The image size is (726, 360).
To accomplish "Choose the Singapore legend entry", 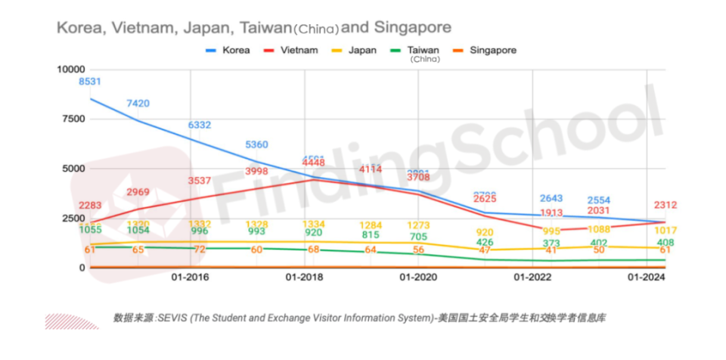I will [492, 51].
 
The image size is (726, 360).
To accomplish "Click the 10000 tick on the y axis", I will [68, 69].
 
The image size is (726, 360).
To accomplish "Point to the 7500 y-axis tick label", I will [70, 119].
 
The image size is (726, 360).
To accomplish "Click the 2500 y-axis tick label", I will [70, 218].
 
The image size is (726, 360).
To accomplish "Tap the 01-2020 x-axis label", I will [418, 278].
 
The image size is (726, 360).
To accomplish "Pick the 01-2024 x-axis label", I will [647, 278].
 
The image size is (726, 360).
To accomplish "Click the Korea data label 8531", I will [90, 82].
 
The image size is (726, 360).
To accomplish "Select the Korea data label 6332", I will [200, 125].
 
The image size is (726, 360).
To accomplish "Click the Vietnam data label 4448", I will [313, 163].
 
